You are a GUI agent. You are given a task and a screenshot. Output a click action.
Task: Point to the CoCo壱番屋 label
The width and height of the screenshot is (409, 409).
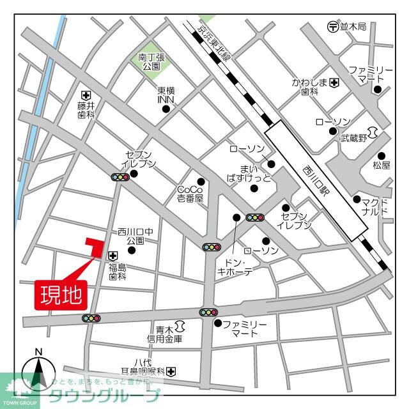189,194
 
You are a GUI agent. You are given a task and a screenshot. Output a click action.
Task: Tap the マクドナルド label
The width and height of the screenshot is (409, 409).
374,206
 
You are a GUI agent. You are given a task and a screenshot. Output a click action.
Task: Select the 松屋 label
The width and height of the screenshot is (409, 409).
381,166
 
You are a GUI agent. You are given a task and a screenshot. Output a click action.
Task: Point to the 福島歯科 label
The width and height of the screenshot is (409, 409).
118,272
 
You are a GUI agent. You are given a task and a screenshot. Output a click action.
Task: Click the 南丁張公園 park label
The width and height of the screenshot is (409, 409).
152,62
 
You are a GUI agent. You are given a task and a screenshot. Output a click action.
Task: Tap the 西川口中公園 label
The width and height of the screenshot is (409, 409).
136,236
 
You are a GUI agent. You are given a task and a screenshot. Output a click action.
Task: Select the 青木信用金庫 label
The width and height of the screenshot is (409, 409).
165,334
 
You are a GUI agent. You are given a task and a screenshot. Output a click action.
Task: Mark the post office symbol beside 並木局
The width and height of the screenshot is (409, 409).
332,26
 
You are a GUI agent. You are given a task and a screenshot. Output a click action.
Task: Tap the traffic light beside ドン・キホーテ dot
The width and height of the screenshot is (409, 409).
255,218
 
